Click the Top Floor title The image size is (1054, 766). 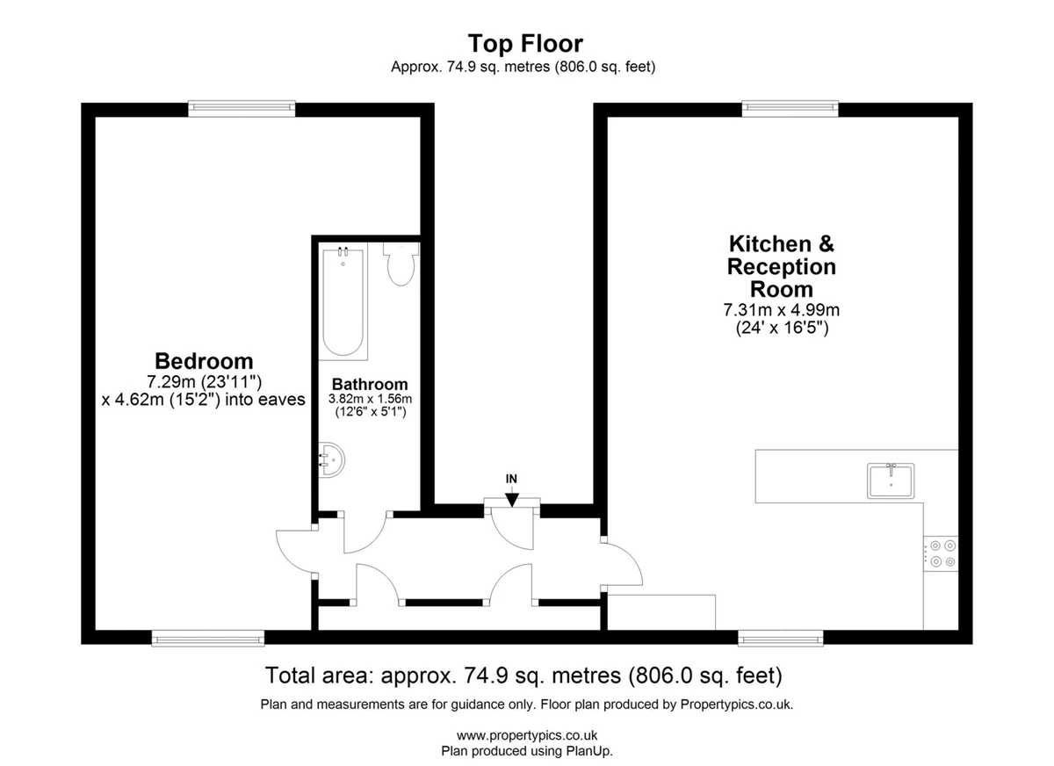(x=525, y=44)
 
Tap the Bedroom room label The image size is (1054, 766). (x=204, y=361)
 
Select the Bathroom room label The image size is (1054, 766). (x=370, y=384)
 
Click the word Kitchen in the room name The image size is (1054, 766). (x=770, y=243)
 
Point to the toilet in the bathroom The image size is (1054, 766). (x=401, y=264)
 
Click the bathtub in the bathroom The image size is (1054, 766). (x=343, y=301)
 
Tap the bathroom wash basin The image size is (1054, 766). (x=331, y=459)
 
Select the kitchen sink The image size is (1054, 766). (x=891, y=481)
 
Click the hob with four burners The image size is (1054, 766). (x=941, y=553)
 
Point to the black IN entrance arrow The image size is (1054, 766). (x=511, y=499)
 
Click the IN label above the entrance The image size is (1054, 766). (x=511, y=479)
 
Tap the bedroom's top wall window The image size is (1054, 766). (x=242, y=109)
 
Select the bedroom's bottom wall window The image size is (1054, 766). (x=208, y=639)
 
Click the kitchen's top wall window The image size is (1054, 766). (x=790, y=109)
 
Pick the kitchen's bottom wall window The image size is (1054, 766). (x=781, y=639)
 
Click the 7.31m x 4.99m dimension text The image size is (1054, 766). (x=781, y=310)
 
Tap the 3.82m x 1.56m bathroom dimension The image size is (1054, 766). (x=370, y=399)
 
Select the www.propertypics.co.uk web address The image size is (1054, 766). (x=527, y=735)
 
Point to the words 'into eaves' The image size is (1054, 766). (x=265, y=400)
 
